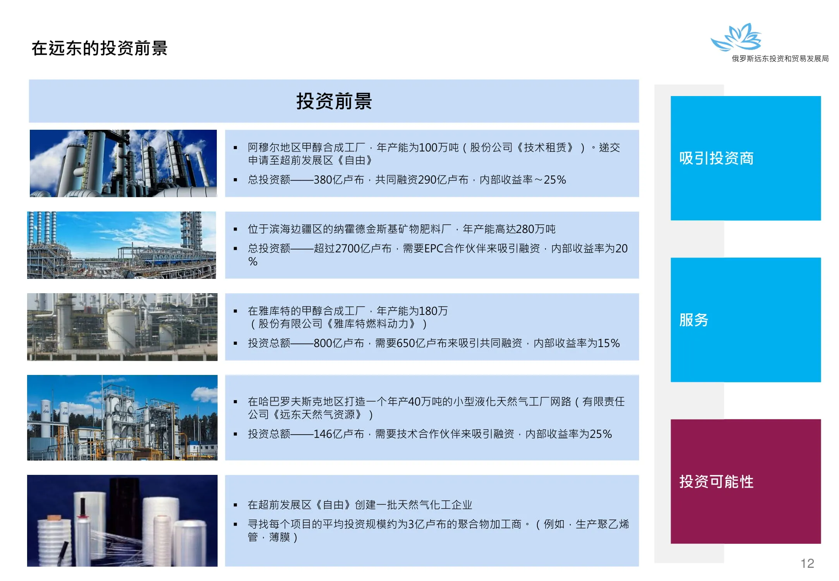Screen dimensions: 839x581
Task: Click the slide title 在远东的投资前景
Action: coord(100,48)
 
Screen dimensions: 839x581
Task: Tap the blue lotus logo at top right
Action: coord(736,37)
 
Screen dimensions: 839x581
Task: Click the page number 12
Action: coord(807,563)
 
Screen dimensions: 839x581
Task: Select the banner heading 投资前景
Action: coord(334,101)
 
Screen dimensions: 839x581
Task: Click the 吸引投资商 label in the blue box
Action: coord(716,158)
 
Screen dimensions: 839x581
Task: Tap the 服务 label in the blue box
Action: coord(694,320)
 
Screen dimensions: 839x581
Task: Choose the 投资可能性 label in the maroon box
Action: coord(716,481)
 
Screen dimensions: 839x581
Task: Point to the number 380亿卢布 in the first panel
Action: coord(339,180)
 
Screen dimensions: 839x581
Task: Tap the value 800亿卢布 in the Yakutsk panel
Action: coord(339,343)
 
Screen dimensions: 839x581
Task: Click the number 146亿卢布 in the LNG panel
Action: coord(339,434)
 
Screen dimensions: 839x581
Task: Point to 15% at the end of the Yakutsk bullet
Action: coord(609,343)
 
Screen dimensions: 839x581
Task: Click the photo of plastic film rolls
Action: coord(122,521)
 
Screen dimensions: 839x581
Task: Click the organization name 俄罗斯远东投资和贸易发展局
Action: coord(780,58)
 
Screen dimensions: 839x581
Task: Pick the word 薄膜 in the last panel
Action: coord(280,537)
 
